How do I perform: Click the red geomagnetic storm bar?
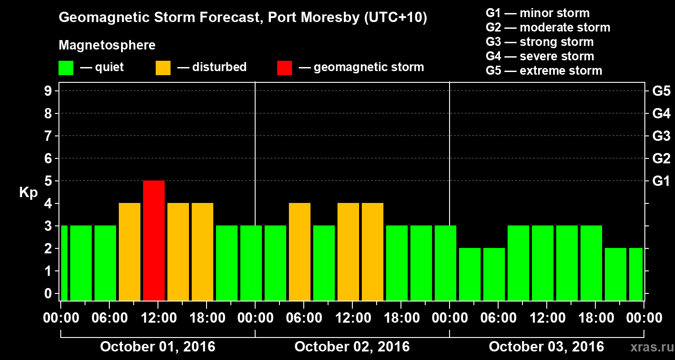154,240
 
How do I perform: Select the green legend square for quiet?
66,67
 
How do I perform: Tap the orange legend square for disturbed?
163,67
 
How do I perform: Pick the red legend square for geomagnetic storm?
284,67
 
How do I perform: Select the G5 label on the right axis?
661,91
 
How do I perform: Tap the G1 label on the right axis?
661,181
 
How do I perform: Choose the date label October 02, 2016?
352,346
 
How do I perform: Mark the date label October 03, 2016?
546,346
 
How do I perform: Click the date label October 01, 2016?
157,346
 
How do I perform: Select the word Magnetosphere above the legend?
107,45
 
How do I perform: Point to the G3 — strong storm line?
540,42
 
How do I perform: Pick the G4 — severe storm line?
540,56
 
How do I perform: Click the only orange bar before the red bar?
130,252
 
